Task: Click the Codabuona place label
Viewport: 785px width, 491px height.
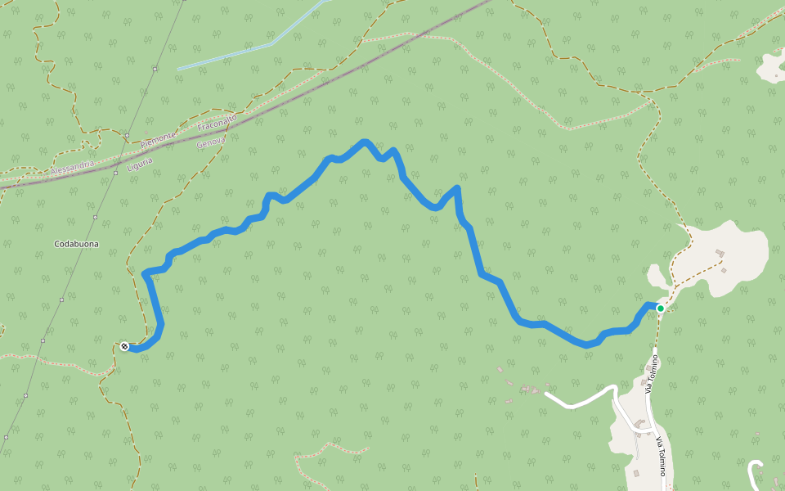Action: point(76,244)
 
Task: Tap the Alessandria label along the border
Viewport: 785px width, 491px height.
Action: point(73,168)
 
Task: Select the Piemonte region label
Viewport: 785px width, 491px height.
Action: point(157,139)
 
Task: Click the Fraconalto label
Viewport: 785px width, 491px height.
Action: point(217,123)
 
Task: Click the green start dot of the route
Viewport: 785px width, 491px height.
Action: point(660,309)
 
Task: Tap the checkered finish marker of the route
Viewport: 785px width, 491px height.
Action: point(124,346)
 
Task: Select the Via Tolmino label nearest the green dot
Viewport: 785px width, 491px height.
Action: point(652,373)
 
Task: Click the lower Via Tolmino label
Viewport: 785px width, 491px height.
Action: point(659,456)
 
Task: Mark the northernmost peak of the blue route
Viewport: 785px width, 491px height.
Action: point(365,142)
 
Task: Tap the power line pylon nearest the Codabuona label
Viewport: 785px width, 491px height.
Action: point(95,218)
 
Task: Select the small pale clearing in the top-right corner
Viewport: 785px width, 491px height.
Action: point(772,67)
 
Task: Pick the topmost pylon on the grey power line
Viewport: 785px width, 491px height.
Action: point(154,70)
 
